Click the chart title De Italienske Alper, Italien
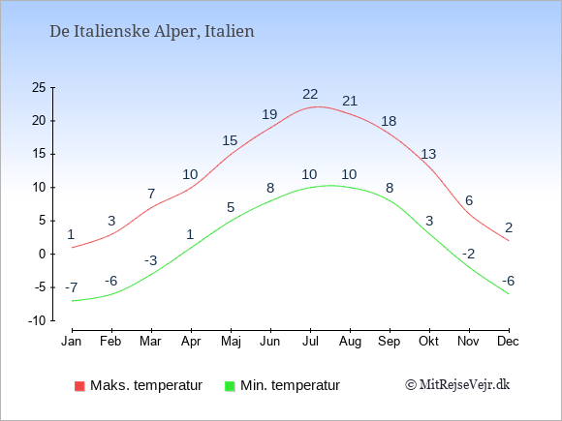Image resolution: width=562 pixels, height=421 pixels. (x=151, y=31)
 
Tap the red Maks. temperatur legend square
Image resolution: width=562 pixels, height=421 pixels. (x=79, y=386)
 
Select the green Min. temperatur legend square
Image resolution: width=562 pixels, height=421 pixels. (x=230, y=386)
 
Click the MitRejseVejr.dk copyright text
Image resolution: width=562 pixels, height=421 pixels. (x=457, y=384)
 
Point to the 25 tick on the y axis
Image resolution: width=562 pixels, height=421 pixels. (x=39, y=87)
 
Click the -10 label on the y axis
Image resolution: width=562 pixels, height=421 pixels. (x=37, y=320)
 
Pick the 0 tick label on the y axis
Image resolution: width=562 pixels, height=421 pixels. (x=43, y=255)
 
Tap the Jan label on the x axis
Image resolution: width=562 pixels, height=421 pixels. (x=72, y=342)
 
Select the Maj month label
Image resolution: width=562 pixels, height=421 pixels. (x=231, y=342)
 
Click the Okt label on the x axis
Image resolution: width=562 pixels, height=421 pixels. (x=428, y=342)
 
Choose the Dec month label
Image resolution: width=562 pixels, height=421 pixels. (x=508, y=342)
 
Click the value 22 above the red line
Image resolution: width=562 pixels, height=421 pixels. (x=310, y=94)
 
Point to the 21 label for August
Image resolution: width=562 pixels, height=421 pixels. (x=350, y=101)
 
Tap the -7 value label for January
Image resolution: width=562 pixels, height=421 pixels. (x=72, y=287)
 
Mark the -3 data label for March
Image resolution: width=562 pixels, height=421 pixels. (x=151, y=260)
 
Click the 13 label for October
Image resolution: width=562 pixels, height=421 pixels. (x=428, y=154)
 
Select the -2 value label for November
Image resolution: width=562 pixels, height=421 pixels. (x=468, y=254)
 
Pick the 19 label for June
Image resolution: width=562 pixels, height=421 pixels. (x=269, y=114)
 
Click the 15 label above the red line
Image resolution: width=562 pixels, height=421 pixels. (x=230, y=140)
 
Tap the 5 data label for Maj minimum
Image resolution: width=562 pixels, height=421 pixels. (x=231, y=207)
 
